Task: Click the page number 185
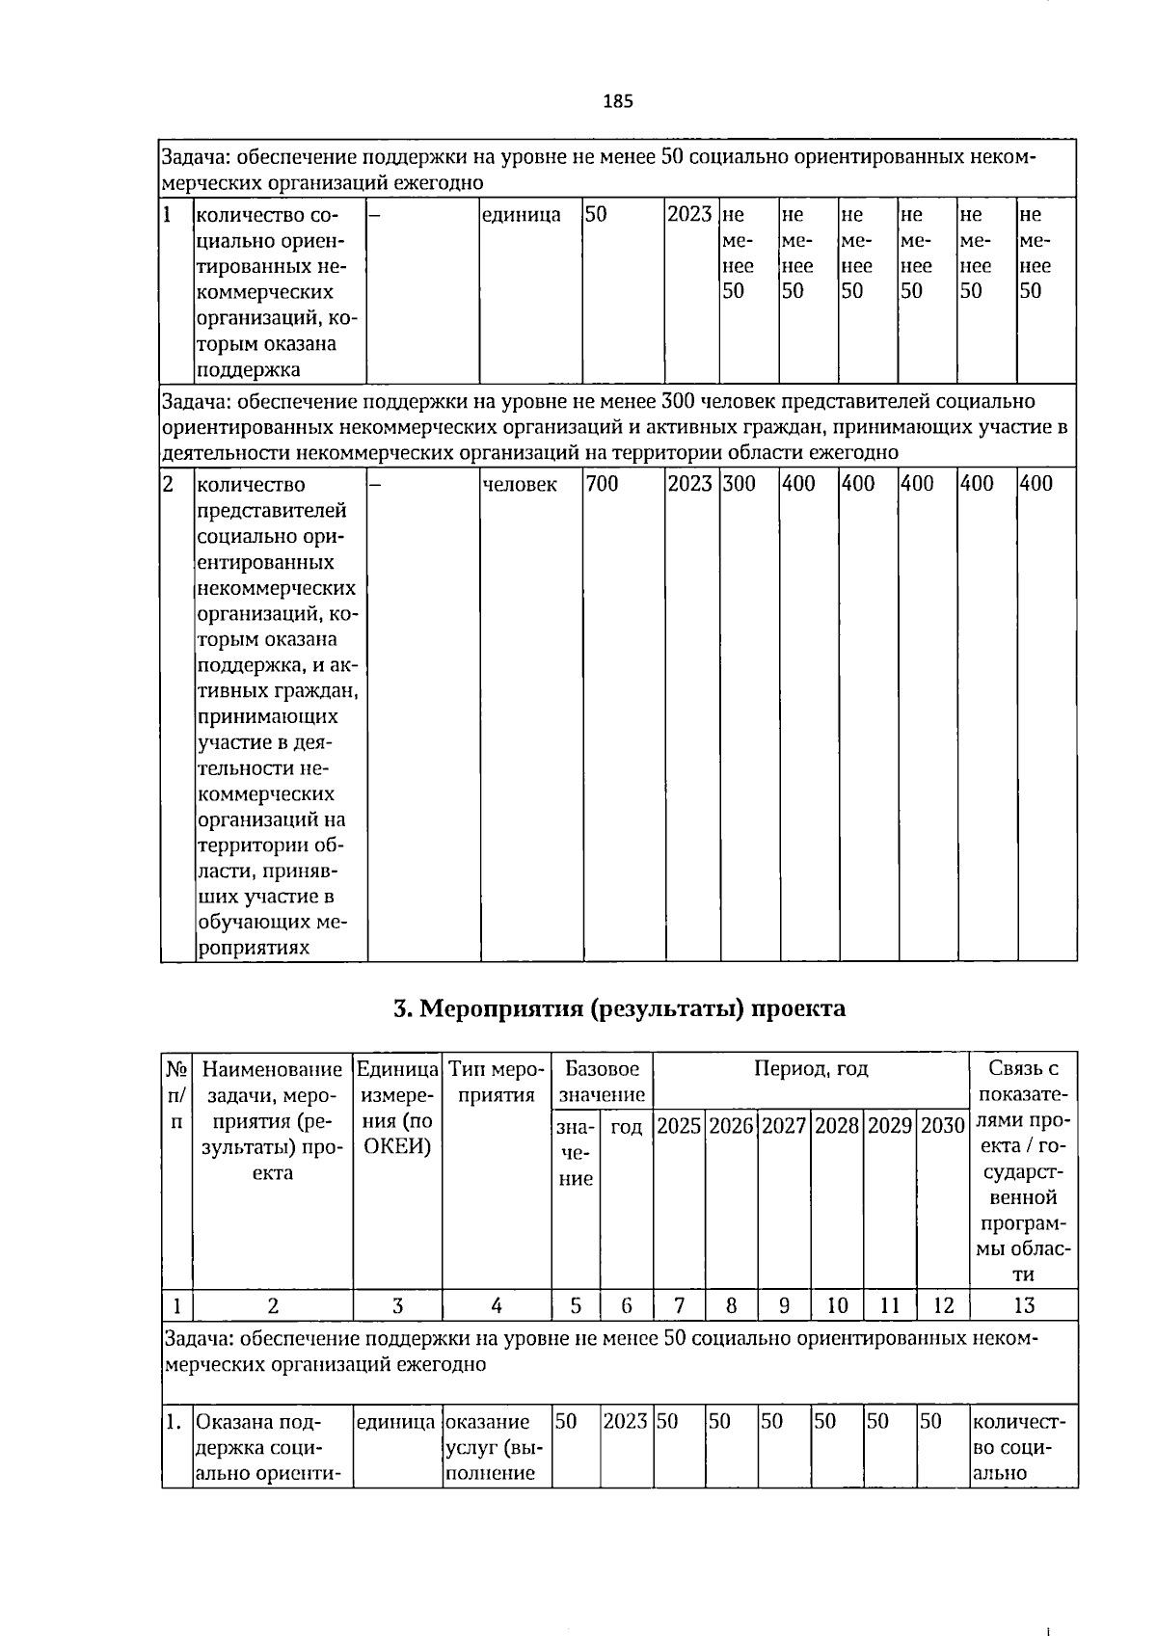pyautogui.click(x=618, y=101)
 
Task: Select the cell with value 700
pyautogui.click(x=603, y=484)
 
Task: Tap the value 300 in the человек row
pyautogui.click(x=740, y=484)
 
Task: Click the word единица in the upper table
pyautogui.click(x=521, y=214)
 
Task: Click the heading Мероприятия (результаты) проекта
pyautogui.click(x=619, y=1008)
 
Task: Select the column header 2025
pyautogui.click(x=679, y=1126)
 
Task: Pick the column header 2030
pyautogui.click(x=942, y=1126)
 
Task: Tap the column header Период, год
pyautogui.click(x=811, y=1069)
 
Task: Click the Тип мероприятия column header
pyautogui.click(x=496, y=1082)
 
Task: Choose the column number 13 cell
pyautogui.click(x=1024, y=1305)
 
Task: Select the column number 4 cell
pyautogui.click(x=496, y=1305)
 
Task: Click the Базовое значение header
pyautogui.click(x=602, y=1082)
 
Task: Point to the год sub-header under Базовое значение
pyautogui.click(x=627, y=1127)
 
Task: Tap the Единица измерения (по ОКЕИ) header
pyautogui.click(x=397, y=1108)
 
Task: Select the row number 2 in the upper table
pyautogui.click(x=169, y=484)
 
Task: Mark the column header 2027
pyautogui.click(x=784, y=1126)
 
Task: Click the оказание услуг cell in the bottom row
pyautogui.click(x=496, y=1447)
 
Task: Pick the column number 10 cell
pyautogui.click(x=837, y=1305)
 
